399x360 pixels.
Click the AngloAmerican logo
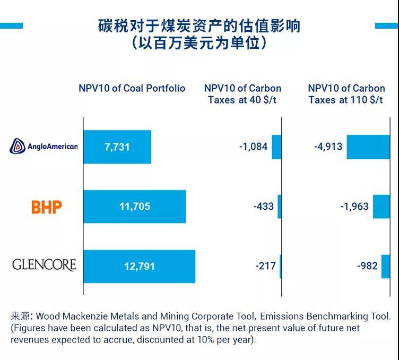pos(44,146)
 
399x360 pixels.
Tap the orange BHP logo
pos(47,207)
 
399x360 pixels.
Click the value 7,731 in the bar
pos(117,147)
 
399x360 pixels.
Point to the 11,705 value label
pos(135,207)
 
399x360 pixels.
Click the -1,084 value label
pos(253,147)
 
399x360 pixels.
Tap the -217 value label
pos(265,265)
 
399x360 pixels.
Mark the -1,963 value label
pos(354,206)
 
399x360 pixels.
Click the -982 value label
pos(367,265)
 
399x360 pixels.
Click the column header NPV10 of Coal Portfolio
pos(132,88)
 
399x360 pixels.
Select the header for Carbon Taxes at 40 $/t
pos(242,94)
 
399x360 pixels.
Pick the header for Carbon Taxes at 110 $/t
pos(346,94)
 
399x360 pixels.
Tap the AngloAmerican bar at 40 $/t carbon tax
pos(276,147)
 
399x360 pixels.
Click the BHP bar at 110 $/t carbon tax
pos(381,207)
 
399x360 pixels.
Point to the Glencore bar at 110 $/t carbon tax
pos(385,266)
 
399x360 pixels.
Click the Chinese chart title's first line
pos(199,25)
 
